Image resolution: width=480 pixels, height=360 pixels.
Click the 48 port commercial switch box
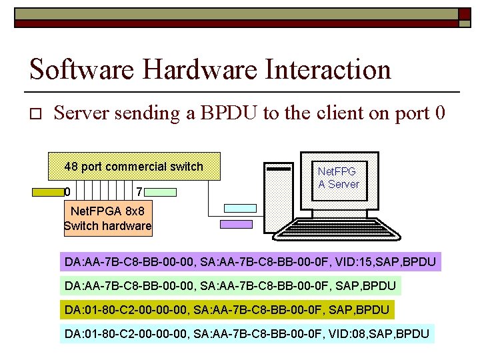pos(134,167)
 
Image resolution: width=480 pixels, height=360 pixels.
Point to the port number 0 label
pos(67,192)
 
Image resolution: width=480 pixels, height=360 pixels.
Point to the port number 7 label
pos(138,192)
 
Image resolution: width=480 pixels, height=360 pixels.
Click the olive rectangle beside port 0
pos(48,192)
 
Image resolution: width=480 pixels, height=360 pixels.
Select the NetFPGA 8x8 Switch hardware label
pos(108,219)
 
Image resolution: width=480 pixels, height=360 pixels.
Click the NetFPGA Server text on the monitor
pos(339,178)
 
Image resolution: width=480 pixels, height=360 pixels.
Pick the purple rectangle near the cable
pos(238,225)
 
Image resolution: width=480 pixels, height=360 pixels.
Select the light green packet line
pos(231,286)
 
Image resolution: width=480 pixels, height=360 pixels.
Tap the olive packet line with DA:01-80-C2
pos(227,310)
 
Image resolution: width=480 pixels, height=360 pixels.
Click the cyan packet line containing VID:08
pos(247,333)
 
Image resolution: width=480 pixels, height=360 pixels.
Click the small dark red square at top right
pos(464,13)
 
